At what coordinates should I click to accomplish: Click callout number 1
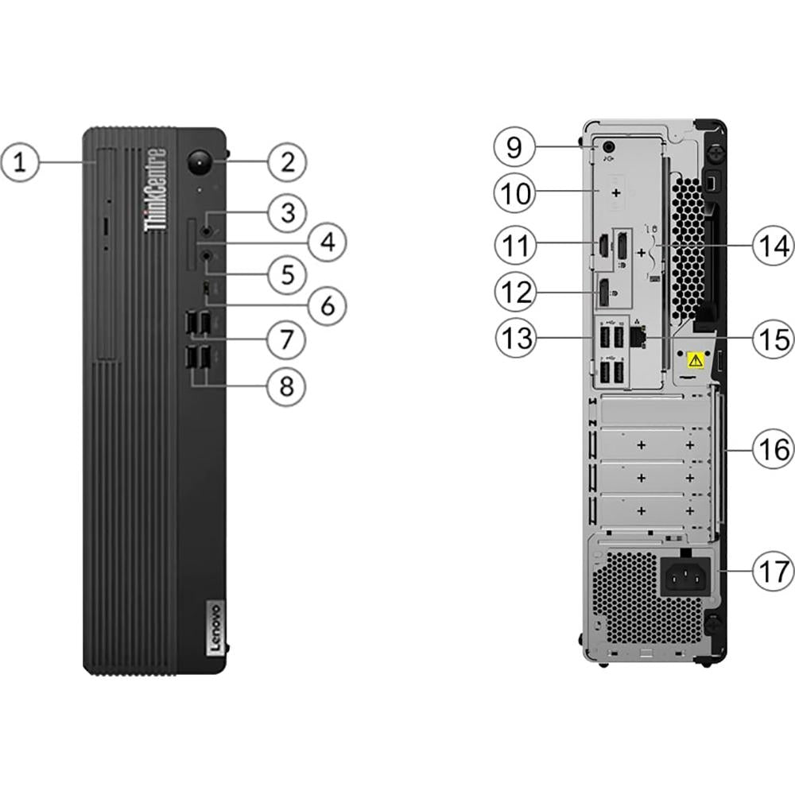coord(21,164)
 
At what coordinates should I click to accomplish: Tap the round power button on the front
coord(198,162)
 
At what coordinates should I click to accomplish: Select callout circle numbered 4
coord(326,240)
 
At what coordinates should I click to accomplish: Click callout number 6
coord(326,305)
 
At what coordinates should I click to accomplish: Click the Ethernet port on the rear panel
coord(637,338)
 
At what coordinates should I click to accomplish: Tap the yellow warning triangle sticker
coord(696,360)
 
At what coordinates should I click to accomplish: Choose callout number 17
coord(774,571)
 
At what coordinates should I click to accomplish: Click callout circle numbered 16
coord(774,450)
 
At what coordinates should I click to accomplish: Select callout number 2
coord(287,162)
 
